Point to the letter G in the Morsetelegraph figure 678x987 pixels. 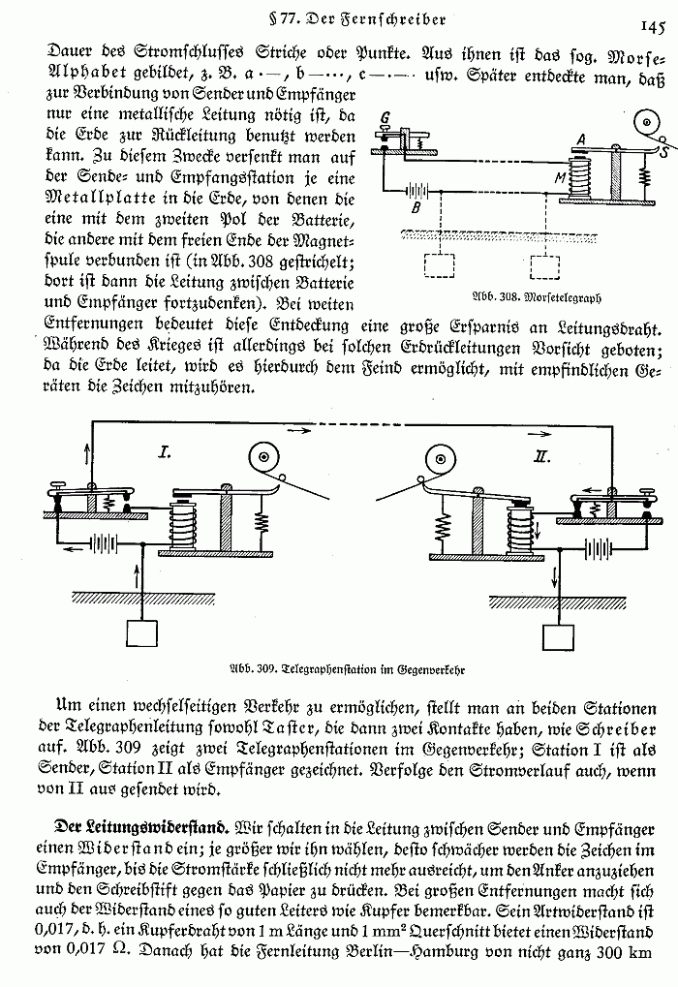point(385,119)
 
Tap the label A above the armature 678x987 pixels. point(579,138)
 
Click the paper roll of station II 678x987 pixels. point(440,458)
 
